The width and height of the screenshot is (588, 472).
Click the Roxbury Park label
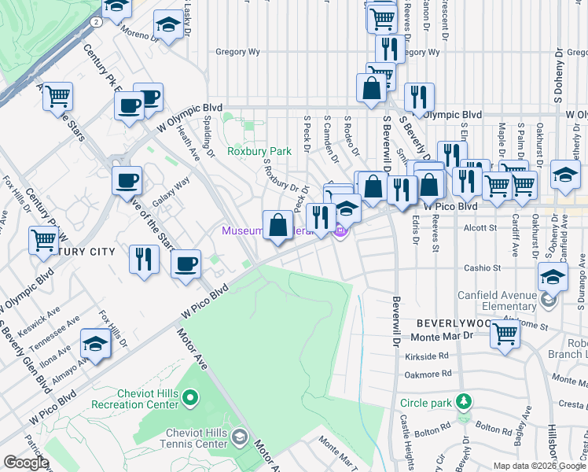[x=252, y=150]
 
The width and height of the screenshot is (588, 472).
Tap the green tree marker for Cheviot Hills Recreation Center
[x=189, y=400]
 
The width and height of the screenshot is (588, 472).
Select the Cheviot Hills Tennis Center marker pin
[x=241, y=437]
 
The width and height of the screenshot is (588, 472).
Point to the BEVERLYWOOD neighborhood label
[x=445, y=323]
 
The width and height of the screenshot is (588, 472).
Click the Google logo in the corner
[x=26, y=463]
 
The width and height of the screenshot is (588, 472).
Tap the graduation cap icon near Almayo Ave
[x=95, y=345]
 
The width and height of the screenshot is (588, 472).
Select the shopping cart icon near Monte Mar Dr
[x=505, y=334]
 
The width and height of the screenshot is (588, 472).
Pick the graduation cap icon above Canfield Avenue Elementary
[x=553, y=277]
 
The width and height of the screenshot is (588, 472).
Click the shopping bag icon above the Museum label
[x=278, y=225]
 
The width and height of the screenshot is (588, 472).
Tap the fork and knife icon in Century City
[x=143, y=259]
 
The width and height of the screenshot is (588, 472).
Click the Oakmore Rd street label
[x=431, y=374]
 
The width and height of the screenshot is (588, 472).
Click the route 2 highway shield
[x=95, y=23]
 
